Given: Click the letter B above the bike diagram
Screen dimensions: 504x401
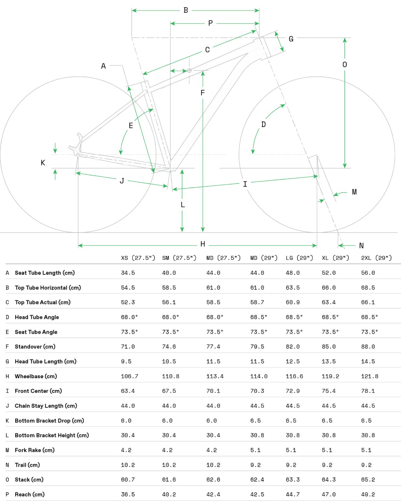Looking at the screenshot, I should coord(186,10).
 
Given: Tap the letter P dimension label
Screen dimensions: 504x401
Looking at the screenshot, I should coord(210,23).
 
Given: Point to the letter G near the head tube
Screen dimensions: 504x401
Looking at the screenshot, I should coord(291,39).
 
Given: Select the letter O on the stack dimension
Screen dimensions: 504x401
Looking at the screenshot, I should coord(345,65).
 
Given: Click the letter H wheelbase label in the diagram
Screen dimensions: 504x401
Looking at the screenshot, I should coord(203,244).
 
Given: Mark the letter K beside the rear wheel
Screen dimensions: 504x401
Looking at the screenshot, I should coord(43,163).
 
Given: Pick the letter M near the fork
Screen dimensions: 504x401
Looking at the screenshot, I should coord(354,192).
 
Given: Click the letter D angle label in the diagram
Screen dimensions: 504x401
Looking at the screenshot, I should coord(263,125).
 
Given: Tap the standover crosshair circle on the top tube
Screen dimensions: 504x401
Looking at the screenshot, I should coord(189,71).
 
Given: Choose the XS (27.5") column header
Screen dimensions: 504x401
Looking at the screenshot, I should coord(138,258).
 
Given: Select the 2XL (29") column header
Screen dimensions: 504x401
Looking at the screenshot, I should coord(376,258).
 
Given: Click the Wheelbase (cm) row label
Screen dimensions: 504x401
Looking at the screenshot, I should coord(36,376).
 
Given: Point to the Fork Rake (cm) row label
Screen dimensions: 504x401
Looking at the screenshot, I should coord(34,450).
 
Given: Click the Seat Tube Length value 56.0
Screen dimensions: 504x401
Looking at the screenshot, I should coord(368,273).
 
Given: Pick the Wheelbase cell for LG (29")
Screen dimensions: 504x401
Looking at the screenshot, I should coord(294,376).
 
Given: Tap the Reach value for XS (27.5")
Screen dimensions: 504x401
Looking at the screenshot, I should coord(128,495).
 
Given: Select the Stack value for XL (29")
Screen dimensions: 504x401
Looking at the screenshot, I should coord(328,480).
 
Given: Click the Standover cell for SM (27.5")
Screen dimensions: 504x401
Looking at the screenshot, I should coord(169,347).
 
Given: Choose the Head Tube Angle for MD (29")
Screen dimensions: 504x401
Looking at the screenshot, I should coord(259,317).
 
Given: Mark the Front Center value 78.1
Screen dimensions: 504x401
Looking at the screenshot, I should coord(368,391).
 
